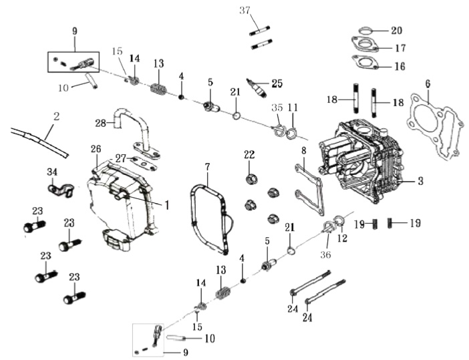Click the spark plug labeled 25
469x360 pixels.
coord(256,87)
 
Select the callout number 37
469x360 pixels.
coord(245,11)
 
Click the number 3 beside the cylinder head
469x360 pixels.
coord(420,181)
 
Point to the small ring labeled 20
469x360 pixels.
coord(365,31)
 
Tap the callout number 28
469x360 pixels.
coord(101,123)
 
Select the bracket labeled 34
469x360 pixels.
coord(61,190)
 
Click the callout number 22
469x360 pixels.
coord(249,154)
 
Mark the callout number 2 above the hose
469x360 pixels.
coord(56,116)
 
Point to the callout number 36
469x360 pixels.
coord(325,254)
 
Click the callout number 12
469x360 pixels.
coord(342,238)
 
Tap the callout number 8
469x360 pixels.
coord(304,150)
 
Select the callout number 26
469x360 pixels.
coord(96,148)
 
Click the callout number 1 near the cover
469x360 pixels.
coord(167,205)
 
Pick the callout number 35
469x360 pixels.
coord(277,107)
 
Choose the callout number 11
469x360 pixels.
coord(293,107)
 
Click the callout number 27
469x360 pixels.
coord(121,158)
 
